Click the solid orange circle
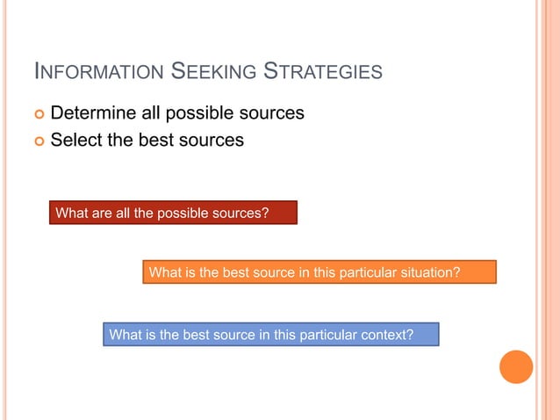coord(516,366)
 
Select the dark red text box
coord(172,213)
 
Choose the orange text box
coord(319,272)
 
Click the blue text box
coord(270,335)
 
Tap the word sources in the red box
coord(239,213)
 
